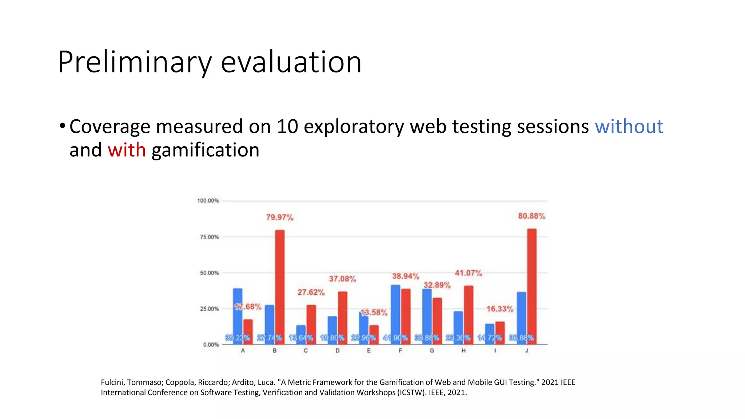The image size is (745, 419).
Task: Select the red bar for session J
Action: pyautogui.click(x=531, y=286)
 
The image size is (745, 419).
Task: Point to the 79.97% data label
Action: pyautogui.click(x=279, y=218)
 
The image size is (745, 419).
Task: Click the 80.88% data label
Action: pyautogui.click(x=531, y=216)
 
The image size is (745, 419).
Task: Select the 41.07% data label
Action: pyautogui.click(x=468, y=273)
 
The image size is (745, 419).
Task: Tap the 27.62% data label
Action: pyautogui.click(x=311, y=292)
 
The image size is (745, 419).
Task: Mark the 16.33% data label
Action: pyautogui.click(x=500, y=309)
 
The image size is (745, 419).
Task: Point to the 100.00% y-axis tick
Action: pyautogui.click(x=208, y=201)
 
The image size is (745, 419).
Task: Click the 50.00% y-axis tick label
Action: pyautogui.click(x=209, y=273)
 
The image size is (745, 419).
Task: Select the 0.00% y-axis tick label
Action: pyautogui.click(x=211, y=345)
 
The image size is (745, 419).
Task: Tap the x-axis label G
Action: pyautogui.click(x=432, y=351)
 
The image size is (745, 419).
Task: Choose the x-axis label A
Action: pyautogui.click(x=243, y=351)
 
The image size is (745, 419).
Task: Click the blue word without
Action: pyautogui.click(x=629, y=127)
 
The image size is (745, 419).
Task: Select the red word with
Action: pyautogui.click(x=127, y=150)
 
